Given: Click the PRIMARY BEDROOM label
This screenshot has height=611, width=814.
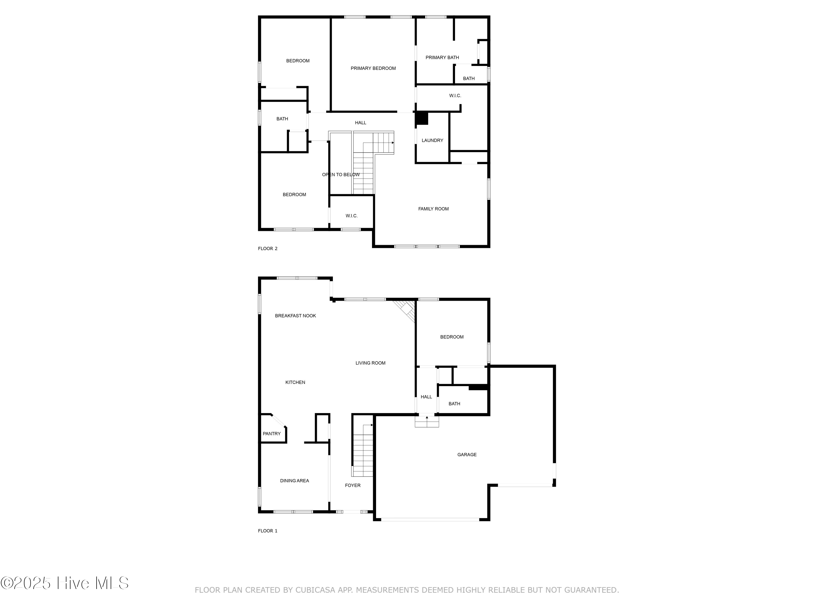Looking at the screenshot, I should (373, 68).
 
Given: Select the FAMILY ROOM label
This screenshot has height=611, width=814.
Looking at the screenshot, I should (433, 209).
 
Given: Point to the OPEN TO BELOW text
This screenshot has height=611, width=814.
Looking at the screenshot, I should (341, 175).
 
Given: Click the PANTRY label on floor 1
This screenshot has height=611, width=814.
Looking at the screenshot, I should (272, 433).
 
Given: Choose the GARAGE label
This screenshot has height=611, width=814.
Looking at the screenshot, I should (467, 455).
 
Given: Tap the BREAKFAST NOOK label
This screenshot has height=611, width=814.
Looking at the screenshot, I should (295, 316).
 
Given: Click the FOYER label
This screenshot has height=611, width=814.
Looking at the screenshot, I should (352, 486).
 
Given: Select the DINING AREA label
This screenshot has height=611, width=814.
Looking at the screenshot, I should (294, 481).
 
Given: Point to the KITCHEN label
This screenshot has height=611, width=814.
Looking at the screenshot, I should (295, 382).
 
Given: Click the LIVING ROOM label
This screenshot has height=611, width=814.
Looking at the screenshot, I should (370, 363).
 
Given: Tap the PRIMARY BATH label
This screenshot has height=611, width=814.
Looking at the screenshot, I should (442, 58).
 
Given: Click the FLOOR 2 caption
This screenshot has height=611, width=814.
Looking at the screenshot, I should (268, 248).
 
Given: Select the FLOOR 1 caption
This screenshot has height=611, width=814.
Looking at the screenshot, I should (268, 531).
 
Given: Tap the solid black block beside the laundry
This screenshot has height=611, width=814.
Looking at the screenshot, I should (422, 118).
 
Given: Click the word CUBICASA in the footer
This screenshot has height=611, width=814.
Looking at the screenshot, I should (315, 590).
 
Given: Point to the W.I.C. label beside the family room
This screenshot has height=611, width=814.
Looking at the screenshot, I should (351, 216).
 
